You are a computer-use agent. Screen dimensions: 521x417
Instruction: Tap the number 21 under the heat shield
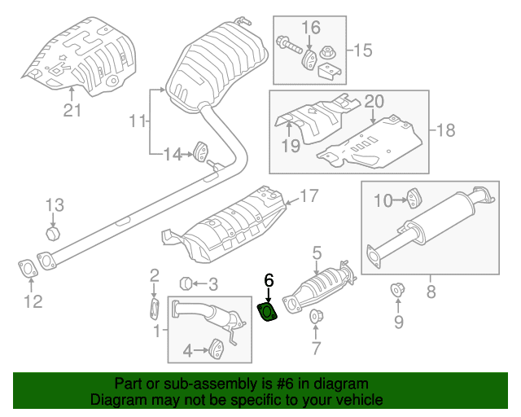(72, 110)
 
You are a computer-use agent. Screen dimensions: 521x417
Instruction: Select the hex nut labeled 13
(53, 234)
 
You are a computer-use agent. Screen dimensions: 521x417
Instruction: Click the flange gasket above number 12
(28, 269)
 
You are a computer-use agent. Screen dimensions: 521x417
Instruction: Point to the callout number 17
(309, 195)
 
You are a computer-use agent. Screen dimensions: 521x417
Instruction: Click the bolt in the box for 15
(289, 46)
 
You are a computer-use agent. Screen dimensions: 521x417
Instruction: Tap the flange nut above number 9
(396, 290)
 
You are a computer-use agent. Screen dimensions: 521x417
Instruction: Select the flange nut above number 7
(316, 316)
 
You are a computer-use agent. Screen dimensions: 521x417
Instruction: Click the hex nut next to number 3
(186, 283)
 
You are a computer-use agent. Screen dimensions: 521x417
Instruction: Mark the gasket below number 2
(154, 309)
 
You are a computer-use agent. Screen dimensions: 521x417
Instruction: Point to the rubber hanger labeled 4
(217, 349)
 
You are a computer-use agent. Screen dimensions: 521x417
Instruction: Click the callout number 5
(317, 253)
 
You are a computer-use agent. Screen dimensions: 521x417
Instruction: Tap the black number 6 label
(269, 280)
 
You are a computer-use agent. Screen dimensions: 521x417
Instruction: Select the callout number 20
(374, 102)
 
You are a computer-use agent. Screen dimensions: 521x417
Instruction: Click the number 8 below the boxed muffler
(431, 292)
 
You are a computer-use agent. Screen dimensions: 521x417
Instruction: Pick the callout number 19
(291, 146)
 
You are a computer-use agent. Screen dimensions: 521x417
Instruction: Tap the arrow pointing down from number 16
(309, 42)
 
